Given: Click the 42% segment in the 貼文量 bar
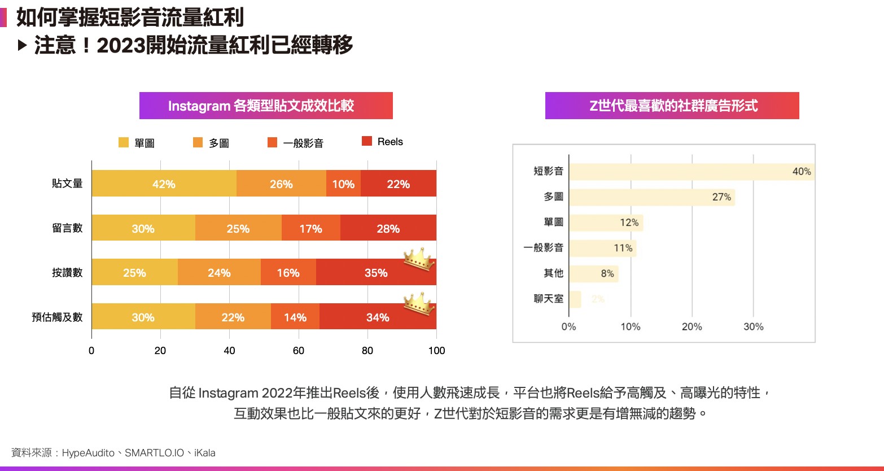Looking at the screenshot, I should [x=164, y=184].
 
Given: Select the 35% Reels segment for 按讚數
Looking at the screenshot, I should [x=376, y=273].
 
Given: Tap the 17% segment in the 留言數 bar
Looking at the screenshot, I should [x=310, y=228].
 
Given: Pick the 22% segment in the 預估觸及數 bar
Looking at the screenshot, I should [x=233, y=317].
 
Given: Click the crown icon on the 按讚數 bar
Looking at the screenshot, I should [x=418, y=260].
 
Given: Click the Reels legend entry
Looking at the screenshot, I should [x=383, y=142].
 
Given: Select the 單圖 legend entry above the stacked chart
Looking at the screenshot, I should [x=137, y=143].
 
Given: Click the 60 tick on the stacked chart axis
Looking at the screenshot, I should [x=299, y=350].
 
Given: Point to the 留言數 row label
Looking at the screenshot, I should [x=67, y=228].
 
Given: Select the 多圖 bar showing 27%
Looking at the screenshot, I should [x=652, y=197].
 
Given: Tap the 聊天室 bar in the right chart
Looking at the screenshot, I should [x=575, y=299].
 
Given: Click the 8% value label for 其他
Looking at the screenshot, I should [x=607, y=274].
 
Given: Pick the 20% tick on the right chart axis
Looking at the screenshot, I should [x=692, y=326].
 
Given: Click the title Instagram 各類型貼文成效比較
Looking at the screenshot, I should [x=266, y=106].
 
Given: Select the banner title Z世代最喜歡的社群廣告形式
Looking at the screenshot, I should [x=672, y=106].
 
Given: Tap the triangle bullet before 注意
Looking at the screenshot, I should [x=23, y=45].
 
